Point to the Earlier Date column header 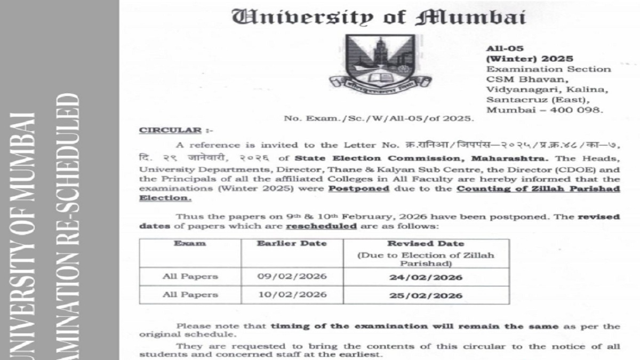(x=292, y=244)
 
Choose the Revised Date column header (x=426, y=244)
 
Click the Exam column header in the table (x=190, y=244)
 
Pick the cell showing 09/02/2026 (x=292, y=277)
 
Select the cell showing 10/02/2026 (x=292, y=294)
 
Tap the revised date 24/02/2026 (x=426, y=277)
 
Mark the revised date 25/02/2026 (x=426, y=295)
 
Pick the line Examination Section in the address (x=548, y=69)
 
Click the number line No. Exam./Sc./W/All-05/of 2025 (x=379, y=118)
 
